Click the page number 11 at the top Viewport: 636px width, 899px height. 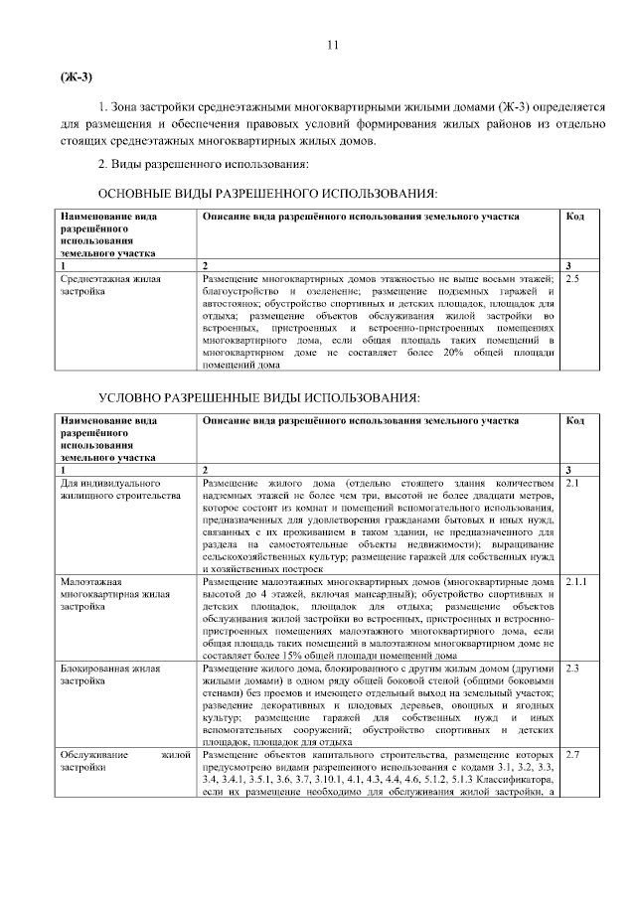[333, 45]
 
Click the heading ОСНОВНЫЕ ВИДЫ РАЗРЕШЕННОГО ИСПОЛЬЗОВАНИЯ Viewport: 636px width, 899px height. [266, 192]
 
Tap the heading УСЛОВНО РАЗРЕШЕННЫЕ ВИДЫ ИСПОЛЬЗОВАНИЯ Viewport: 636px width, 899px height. [257, 397]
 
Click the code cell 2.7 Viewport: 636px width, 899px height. [571, 757]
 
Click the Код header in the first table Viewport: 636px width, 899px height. [574, 216]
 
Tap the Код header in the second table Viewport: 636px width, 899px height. [574, 421]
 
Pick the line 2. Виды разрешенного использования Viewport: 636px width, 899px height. [203, 163]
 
